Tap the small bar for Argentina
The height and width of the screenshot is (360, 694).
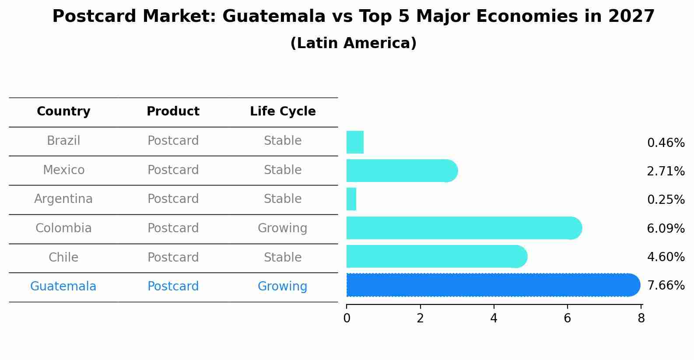point(351,199)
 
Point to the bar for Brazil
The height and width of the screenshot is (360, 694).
point(355,142)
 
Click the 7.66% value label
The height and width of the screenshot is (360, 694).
point(666,286)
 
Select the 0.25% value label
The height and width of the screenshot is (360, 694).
point(666,200)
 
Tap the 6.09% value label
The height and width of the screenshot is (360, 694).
point(666,228)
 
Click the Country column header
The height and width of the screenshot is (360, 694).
point(63,112)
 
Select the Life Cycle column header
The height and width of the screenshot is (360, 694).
point(283,112)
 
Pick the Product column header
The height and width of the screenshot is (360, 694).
point(173,112)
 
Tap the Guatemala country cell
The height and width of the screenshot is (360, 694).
point(63,287)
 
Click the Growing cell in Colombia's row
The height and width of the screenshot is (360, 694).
point(282,228)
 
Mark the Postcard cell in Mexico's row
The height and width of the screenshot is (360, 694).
point(173,170)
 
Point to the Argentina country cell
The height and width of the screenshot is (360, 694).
point(63,199)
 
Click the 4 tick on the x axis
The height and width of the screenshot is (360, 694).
point(494,318)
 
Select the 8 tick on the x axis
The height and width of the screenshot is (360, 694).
point(641,318)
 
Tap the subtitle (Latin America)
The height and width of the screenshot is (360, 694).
point(353,43)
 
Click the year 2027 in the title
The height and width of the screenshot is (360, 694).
point(631,17)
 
